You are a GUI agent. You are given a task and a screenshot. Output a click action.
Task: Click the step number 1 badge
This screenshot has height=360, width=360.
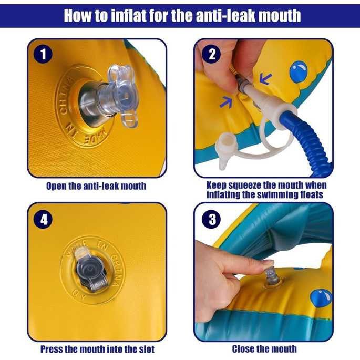43,55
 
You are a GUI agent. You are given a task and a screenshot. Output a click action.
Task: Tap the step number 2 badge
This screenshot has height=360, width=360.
211,55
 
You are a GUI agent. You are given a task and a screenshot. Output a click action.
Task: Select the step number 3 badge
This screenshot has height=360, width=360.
211,219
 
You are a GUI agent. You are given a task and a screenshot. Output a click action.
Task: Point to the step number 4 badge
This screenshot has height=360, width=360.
43,219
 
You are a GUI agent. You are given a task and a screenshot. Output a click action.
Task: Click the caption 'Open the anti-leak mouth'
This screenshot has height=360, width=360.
96,186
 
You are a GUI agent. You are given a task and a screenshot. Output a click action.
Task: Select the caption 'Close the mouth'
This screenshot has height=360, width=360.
264,349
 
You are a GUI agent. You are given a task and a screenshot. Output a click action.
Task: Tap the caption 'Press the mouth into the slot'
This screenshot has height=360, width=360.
97,349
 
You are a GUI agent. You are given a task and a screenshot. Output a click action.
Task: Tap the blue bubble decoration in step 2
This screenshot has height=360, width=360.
299,71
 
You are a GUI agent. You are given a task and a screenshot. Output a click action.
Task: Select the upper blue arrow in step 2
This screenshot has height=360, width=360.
265,78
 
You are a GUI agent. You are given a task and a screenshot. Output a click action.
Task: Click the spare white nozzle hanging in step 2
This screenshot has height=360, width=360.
225,150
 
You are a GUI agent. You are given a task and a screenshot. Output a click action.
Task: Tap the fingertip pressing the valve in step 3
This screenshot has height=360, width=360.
268,263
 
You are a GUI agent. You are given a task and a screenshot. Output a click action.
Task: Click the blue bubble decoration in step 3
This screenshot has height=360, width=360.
321,299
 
